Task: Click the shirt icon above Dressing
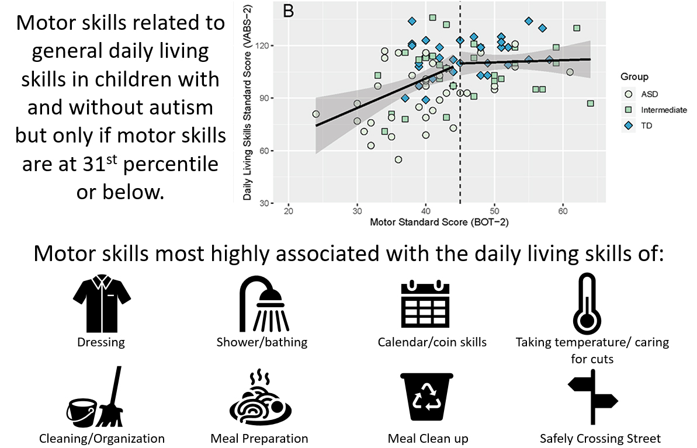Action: click(x=102, y=303)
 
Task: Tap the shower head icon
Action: click(x=264, y=304)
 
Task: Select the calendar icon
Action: click(x=425, y=304)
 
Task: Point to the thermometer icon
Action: click(x=587, y=304)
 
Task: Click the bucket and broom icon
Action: click(x=95, y=397)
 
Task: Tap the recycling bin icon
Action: click(x=426, y=397)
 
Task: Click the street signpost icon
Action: click(x=593, y=397)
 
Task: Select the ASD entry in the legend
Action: click(x=641, y=94)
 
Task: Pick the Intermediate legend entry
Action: click(x=656, y=110)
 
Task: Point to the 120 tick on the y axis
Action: click(x=264, y=46)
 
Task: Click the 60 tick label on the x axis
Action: click(x=563, y=211)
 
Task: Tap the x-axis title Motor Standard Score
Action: click(x=439, y=222)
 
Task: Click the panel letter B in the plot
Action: click(x=288, y=11)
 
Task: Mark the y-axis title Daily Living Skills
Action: click(x=247, y=103)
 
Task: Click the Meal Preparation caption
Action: click(x=259, y=439)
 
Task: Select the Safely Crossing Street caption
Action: click(x=600, y=439)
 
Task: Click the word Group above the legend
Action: click(x=634, y=77)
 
